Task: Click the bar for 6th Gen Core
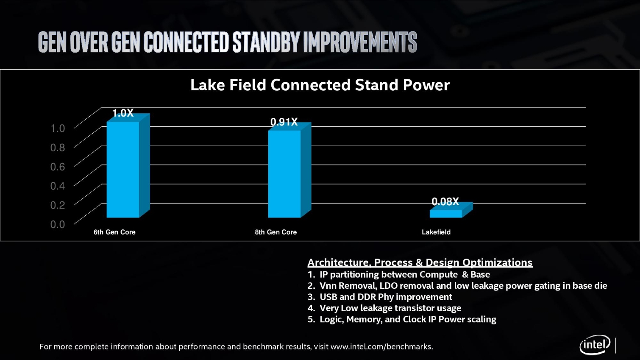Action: [x=123, y=170]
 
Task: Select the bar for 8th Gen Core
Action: [x=284, y=174]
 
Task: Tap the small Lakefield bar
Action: [x=446, y=214]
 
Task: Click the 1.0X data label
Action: [x=123, y=113]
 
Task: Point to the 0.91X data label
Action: [x=284, y=122]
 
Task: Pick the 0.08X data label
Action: [x=445, y=202]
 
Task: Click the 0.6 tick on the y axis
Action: [x=58, y=167]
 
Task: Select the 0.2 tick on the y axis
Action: [x=58, y=205]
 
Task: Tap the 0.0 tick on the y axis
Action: [x=58, y=224]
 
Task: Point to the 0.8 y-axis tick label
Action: [x=58, y=148]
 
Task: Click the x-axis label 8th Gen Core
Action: [x=275, y=232]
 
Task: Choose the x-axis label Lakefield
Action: [x=436, y=232]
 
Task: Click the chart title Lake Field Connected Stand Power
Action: [x=320, y=85]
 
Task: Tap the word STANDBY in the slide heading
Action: [x=266, y=42]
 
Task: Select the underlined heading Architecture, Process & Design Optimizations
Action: [x=420, y=262]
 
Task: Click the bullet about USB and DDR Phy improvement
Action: [x=385, y=297]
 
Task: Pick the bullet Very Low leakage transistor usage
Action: [x=390, y=308]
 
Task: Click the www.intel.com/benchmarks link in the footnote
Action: [x=381, y=347]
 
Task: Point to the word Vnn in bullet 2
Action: [x=328, y=286]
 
